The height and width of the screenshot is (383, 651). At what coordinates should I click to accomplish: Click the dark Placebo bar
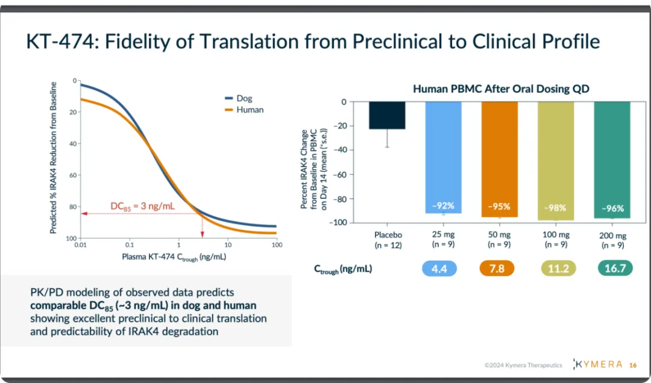[x=388, y=115]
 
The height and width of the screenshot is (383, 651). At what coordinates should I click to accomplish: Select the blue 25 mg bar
[x=443, y=157]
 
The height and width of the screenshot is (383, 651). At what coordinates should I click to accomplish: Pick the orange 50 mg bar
[x=499, y=157]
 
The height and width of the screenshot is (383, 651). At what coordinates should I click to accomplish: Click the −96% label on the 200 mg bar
[x=611, y=208]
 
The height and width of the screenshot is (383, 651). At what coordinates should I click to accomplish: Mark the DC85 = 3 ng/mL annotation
[x=143, y=206]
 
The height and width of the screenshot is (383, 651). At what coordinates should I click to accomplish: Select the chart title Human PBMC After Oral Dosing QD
[x=500, y=89]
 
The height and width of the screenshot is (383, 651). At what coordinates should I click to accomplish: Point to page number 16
[x=632, y=365]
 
